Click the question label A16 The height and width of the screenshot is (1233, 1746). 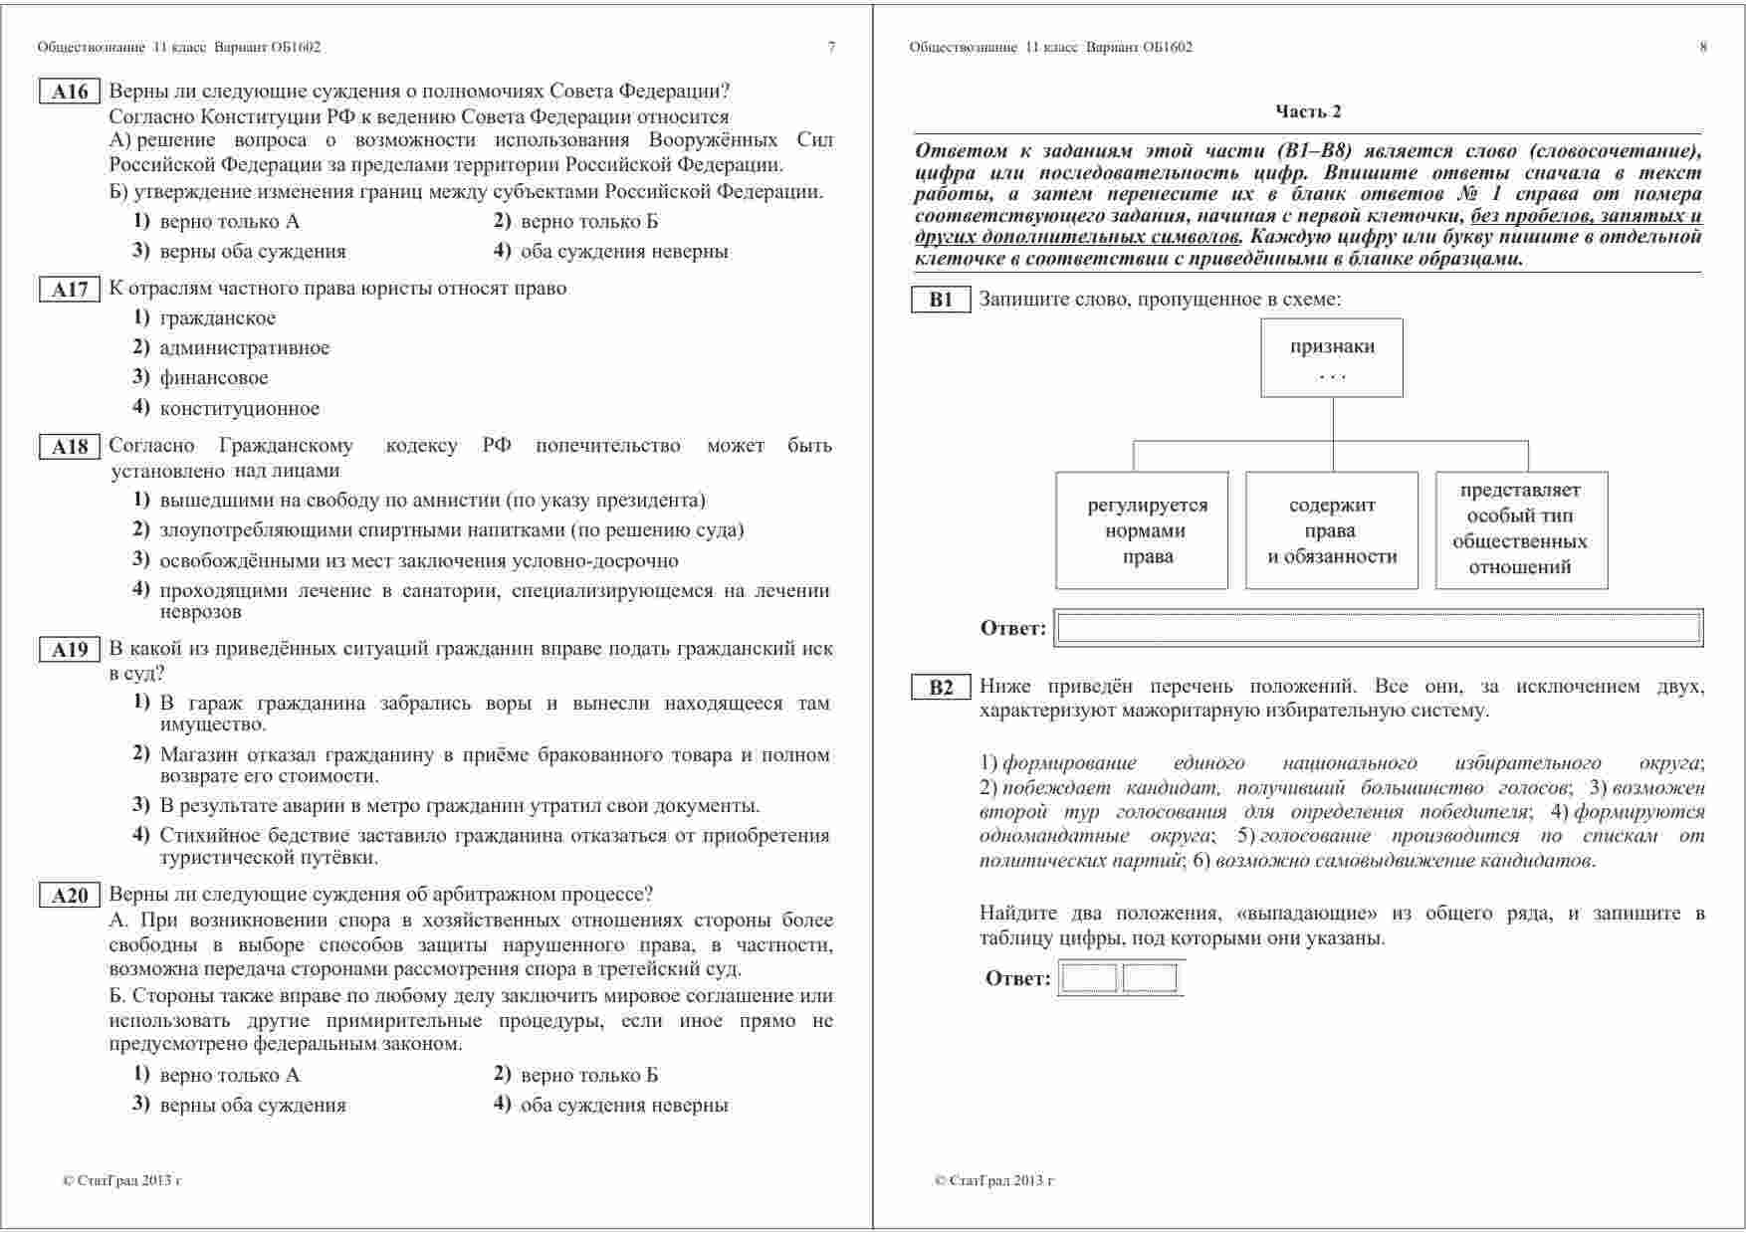pyautogui.click(x=70, y=93)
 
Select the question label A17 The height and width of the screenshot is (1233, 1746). pyautogui.click(x=70, y=290)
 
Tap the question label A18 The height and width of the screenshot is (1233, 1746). pyautogui.click(x=70, y=447)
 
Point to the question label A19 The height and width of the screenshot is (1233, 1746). pyautogui.click(x=70, y=651)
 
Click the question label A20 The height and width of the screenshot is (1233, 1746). pyautogui.click(x=70, y=896)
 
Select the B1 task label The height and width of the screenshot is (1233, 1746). pyautogui.click(x=941, y=300)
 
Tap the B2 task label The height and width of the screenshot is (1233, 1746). pyautogui.click(x=941, y=687)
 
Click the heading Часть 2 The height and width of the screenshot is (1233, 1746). pyautogui.click(x=1308, y=111)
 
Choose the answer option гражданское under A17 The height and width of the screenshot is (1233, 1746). pyautogui.click(x=217, y=318)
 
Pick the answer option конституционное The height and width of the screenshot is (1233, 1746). pyautogui.click(x=239, y=408)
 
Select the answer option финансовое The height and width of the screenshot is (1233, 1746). pyautogui.click(x=213, y=378)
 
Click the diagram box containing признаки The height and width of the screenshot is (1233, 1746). pyautogui.click(x=1332, y=357)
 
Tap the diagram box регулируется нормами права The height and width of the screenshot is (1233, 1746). pyautogui.click(x=1142, y=530)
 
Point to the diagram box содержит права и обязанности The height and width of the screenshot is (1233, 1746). pyautogui.click(x=1332, y=530)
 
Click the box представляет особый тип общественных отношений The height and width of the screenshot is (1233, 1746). pyautogui.click(x=1521, y=529)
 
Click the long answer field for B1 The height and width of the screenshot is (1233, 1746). pyautogui.click(x=1379, y=628)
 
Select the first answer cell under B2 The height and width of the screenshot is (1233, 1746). pyautogui.click(x=1089, y=978)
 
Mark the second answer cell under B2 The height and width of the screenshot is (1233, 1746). pyautogui.click(x=1150, y=978)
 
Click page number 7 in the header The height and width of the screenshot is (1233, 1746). pyautogui.click(x=831, y=47)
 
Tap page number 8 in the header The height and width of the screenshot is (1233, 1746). pyautogui.click(x=1703, y=47)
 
